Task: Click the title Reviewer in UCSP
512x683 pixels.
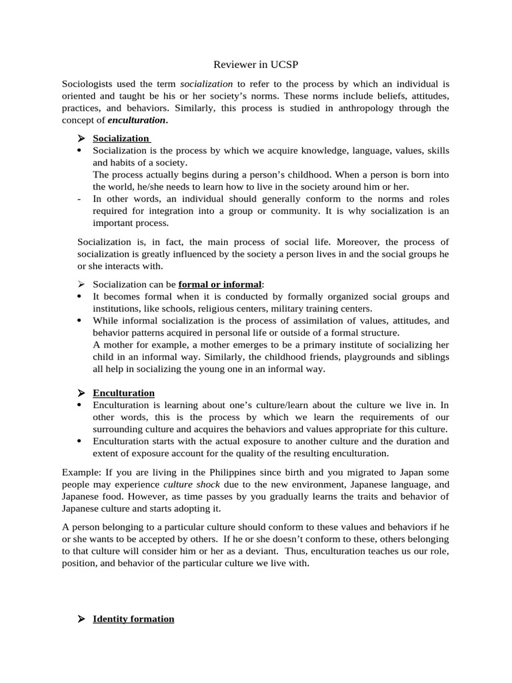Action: click(x=255, y=65)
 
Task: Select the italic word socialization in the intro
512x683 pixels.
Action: click(x=207, y=84)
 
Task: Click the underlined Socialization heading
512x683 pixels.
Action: click(x=121, y=138)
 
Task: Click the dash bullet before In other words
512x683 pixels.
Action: click(x=80, y=199)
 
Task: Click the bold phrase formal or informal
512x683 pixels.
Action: click(x=220, y=284)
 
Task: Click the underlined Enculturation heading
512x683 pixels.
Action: click(x=123, y=393)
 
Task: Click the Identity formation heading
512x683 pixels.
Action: click(x=133, y=619)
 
